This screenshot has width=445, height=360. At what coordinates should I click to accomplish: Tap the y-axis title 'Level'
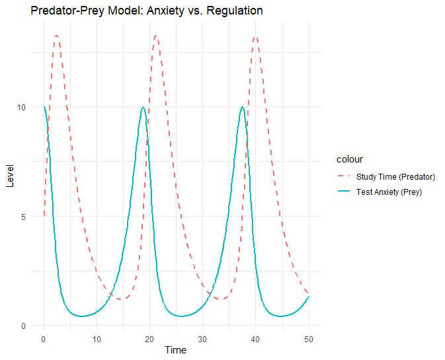coord(9,177)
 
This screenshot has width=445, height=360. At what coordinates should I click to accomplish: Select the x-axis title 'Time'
coord(176,350)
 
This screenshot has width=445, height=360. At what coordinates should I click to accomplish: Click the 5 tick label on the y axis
coord(23,216)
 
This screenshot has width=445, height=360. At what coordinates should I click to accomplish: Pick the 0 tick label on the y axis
coord(23,326)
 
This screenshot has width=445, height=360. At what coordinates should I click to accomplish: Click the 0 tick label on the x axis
coord(44,338)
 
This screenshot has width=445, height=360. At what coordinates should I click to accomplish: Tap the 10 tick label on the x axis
coord(97,338)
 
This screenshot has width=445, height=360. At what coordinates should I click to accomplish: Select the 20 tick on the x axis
coord(149,338)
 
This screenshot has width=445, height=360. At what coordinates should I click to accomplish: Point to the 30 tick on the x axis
coord(202,338)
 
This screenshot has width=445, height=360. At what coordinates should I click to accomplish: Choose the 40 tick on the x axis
coord(255,338)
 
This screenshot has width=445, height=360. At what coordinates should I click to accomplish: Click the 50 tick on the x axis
coord(308,338)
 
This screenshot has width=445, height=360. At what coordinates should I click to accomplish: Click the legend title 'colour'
coord(348,159)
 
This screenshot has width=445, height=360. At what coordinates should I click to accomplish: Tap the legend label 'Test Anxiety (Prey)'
coord(389,192)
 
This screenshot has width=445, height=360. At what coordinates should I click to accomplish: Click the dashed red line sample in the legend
coord(344,176)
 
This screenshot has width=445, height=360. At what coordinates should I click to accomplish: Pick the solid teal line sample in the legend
coord(344,192)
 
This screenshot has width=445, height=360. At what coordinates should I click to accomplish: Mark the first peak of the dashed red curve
coord(57,36)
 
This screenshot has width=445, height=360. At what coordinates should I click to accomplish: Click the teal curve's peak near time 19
coord(143,107)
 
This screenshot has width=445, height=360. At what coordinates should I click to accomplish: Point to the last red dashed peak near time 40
coord(255,37)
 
